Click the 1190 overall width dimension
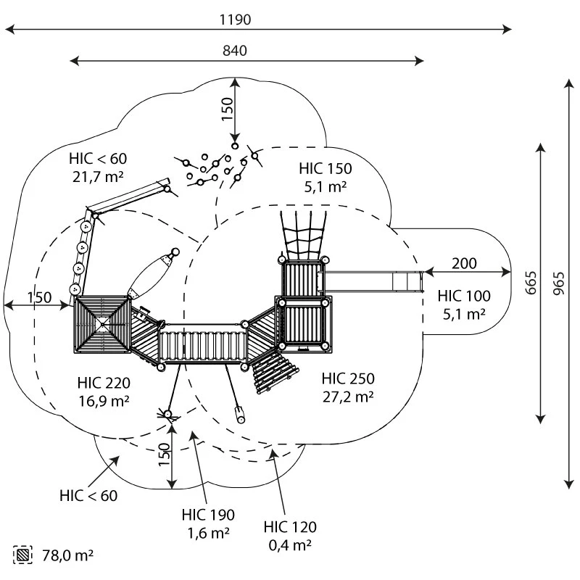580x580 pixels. click(x=236, y=20)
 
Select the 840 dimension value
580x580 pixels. click(x=236, y=51)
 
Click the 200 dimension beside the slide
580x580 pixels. click(x=465, y=263)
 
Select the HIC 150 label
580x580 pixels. click(x=325, y=169)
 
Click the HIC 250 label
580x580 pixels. click(x=348, y=378)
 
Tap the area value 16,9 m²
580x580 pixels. click(x=103, y=399)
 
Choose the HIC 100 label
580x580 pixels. click(x=464, y=296)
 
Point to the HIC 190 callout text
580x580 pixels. click(x=208, y=515)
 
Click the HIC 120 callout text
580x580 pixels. click(x=290, y=527)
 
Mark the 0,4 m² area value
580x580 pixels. click(x=290, y=544)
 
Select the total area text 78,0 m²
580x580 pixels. click(x=68, y=555)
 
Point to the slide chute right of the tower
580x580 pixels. click(x=373, y=281)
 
